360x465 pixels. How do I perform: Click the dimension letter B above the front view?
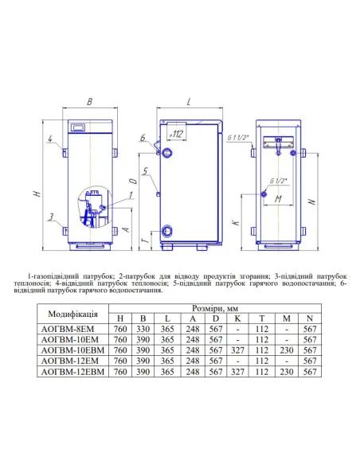[89, 102]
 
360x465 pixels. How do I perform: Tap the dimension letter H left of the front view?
[37, 193]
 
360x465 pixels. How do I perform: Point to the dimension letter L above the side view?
[189, 102]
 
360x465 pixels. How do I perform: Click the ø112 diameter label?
[176, 135]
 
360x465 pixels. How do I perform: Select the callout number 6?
[143, 138]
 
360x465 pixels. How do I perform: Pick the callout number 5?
[145, 171]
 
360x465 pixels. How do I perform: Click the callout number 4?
[50, 139]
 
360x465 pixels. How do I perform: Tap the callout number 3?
[51, 217]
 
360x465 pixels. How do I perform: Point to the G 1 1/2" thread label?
[238, 138]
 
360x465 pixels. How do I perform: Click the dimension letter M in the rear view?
[278, 199]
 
